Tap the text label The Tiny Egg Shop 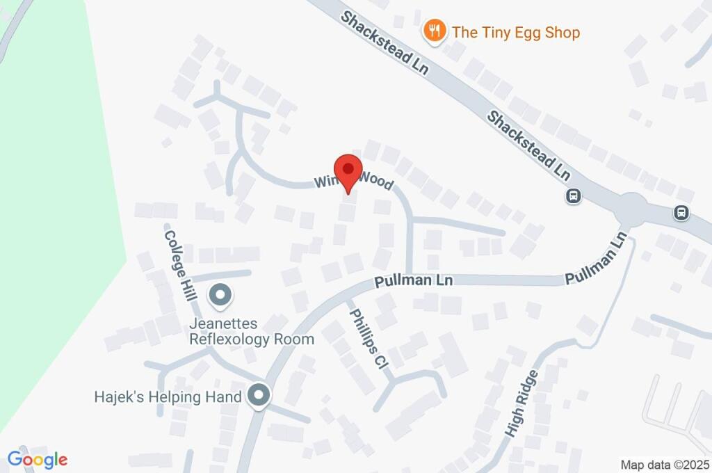[515, 32]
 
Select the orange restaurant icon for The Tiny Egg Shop [435, 31]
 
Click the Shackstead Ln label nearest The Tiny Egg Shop [385, 42]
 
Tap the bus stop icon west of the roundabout [573, 197]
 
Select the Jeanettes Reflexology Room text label [252, 332]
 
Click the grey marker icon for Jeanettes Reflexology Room [220, 296]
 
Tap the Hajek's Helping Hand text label [168, 397]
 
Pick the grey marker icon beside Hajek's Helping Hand [259, 396]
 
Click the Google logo [38, 459]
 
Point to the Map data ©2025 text [664, 464]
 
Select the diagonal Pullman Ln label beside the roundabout [597, 257]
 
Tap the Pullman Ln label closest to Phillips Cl [414, 282]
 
